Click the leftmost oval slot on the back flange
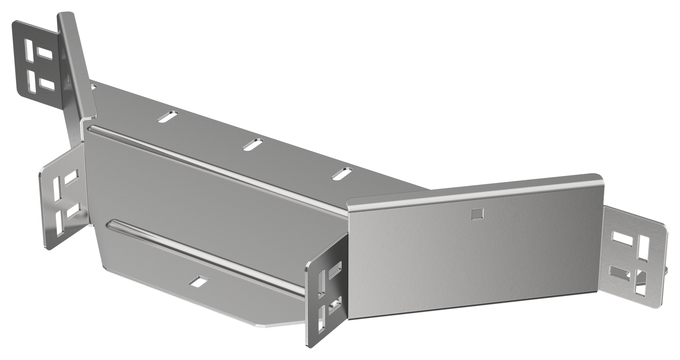point(168,116)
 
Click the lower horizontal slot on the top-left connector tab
point(47,83)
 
